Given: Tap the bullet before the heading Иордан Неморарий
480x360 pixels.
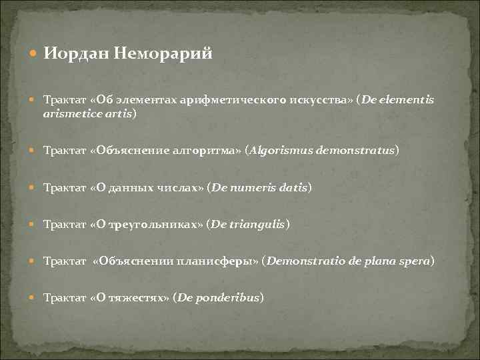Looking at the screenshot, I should pos(35,55).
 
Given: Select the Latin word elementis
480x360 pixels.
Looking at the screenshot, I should pos(407,100).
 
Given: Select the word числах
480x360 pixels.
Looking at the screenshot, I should pos(179,188).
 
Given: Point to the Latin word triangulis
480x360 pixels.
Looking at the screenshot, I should pos(257,225).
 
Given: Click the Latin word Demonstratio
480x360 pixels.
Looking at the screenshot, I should pos(303,262).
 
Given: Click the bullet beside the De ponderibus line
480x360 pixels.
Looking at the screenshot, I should pos(35,298).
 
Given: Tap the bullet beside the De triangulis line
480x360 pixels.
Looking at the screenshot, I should pos(35,225).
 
